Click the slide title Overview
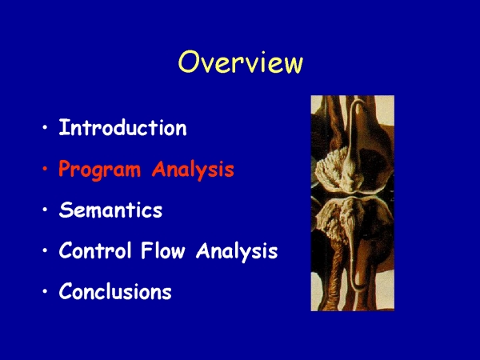[x=241, y=62]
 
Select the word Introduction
[x=122, y=127]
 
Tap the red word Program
[x=100, y=170]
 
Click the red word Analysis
[x=193, y=170]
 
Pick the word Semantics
[x=110, y=210]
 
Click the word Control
[x=95, y=250]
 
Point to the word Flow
[x=163, y=250]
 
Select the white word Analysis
[x=237, y=251]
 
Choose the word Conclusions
[x=115, y=291]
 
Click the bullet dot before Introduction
[x=46, y=127]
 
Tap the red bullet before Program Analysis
[x=46, y=168]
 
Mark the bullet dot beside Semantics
[x=46, y=210]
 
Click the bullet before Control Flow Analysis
[x=46, y=250]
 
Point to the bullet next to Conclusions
[x=46, y=291]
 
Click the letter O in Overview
[x=189, y=62]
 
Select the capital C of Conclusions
[x=66, y=291]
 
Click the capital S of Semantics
[x=66, y=210]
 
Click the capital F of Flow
[x=147, y=250]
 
